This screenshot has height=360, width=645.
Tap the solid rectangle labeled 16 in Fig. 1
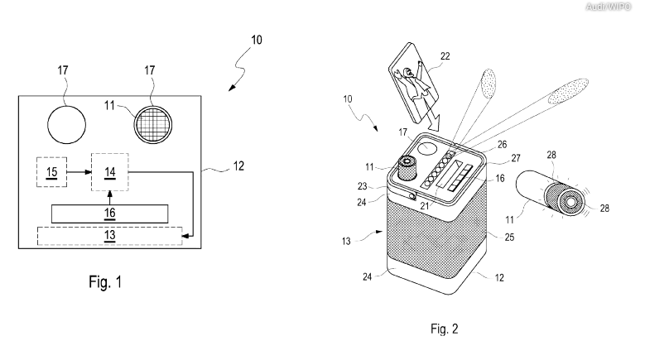(109, 214)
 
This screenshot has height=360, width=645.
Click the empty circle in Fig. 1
(66, 125)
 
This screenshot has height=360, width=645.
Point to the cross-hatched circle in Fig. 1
(156, 125)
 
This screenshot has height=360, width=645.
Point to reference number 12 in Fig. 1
(238, 166)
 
